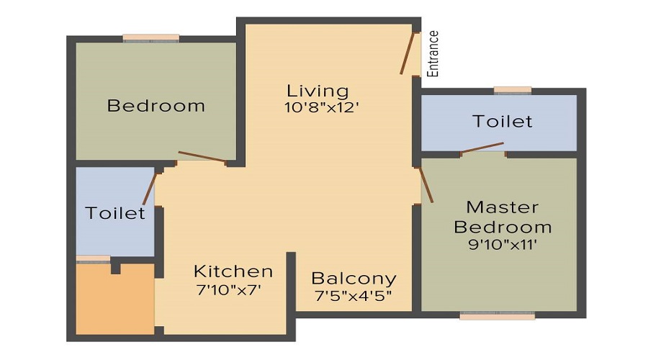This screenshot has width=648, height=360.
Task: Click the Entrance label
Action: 433,54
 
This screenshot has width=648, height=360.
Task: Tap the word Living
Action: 318,91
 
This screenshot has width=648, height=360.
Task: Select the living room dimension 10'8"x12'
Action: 322,108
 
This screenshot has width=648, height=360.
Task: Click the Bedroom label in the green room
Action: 156,106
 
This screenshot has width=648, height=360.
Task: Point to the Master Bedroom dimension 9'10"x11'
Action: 503,244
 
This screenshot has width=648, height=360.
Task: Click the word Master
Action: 502,207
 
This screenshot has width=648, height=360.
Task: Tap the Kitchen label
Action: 233,271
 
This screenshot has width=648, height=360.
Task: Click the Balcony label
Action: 354,279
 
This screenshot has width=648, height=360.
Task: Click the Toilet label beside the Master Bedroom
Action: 503,121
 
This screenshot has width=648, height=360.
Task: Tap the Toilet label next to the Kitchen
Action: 115,213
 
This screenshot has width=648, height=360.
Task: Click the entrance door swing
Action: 408,52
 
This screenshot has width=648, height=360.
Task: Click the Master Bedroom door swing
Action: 426,185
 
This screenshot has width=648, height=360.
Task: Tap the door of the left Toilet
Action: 149,189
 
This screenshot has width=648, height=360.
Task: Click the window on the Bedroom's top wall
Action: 150,37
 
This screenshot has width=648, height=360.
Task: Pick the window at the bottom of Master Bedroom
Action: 497,315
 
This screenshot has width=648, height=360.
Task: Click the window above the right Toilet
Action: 513,90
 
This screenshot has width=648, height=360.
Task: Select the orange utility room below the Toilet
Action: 114,299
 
